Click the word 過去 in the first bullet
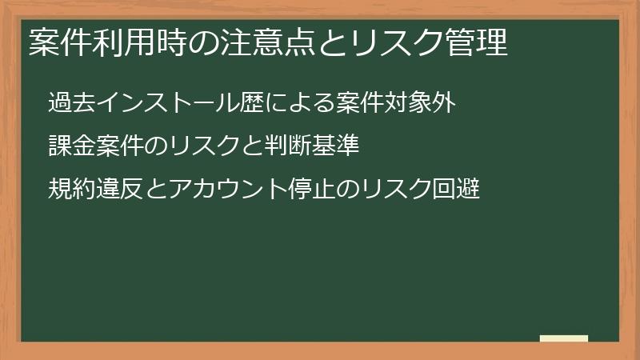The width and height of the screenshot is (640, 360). click(70, 104)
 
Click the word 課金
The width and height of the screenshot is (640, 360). click(70, 147)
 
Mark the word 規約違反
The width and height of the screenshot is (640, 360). click(90, 190)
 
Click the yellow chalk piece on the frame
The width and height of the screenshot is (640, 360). click(564, 338)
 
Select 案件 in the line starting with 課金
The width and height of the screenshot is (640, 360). click(111, 147)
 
